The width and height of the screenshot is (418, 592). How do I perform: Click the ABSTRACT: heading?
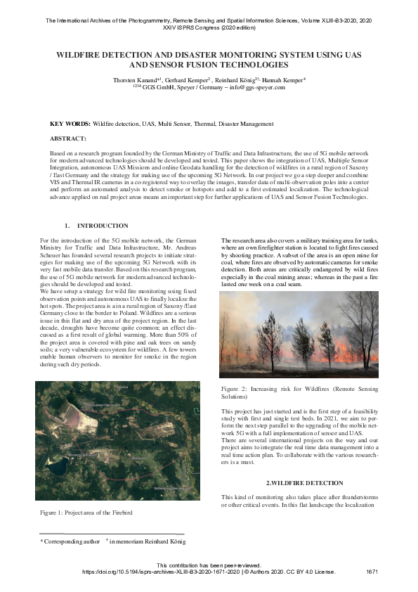[x=68, y=139]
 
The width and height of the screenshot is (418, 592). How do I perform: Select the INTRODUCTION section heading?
[x=103, y=226]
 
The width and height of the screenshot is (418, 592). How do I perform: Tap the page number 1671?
[x=372, y=572]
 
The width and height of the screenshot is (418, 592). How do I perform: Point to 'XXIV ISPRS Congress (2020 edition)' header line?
[x=209, y=30]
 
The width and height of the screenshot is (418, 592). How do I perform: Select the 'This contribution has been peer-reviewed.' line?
[x=209, y=565]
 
